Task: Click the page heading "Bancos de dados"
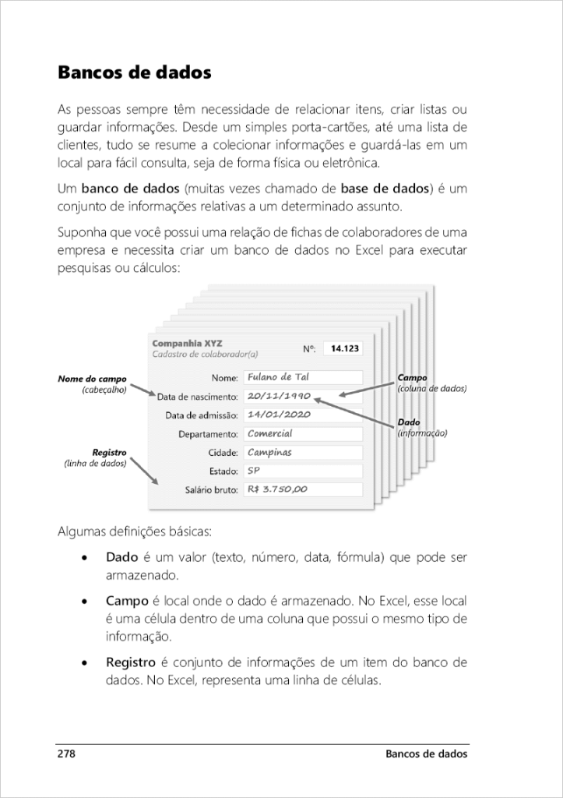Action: [x=134, y=74]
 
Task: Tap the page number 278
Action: [x=67, y=754]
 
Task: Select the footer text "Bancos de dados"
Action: [x=427, y=754]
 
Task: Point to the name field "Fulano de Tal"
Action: [x=302, y=378]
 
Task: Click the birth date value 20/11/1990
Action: [x=302, y=396]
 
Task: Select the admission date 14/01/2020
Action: [x=302, y=415]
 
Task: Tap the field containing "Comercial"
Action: [x=302, y=433]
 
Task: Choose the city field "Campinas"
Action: [x=302, y=452]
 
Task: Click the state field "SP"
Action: [x=302, y=471]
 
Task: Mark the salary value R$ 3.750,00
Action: [x=302, y=489]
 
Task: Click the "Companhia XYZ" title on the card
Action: [x=187, y=343]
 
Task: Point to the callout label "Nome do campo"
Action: [x=92, y=380]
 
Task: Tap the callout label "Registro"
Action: [x=109, y=453]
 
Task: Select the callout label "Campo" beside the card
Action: [x=412, y=378]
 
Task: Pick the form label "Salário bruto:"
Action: [x=210, y=490]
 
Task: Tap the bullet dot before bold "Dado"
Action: [x=85, y=559]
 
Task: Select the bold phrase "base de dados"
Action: [x=385, y=189]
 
